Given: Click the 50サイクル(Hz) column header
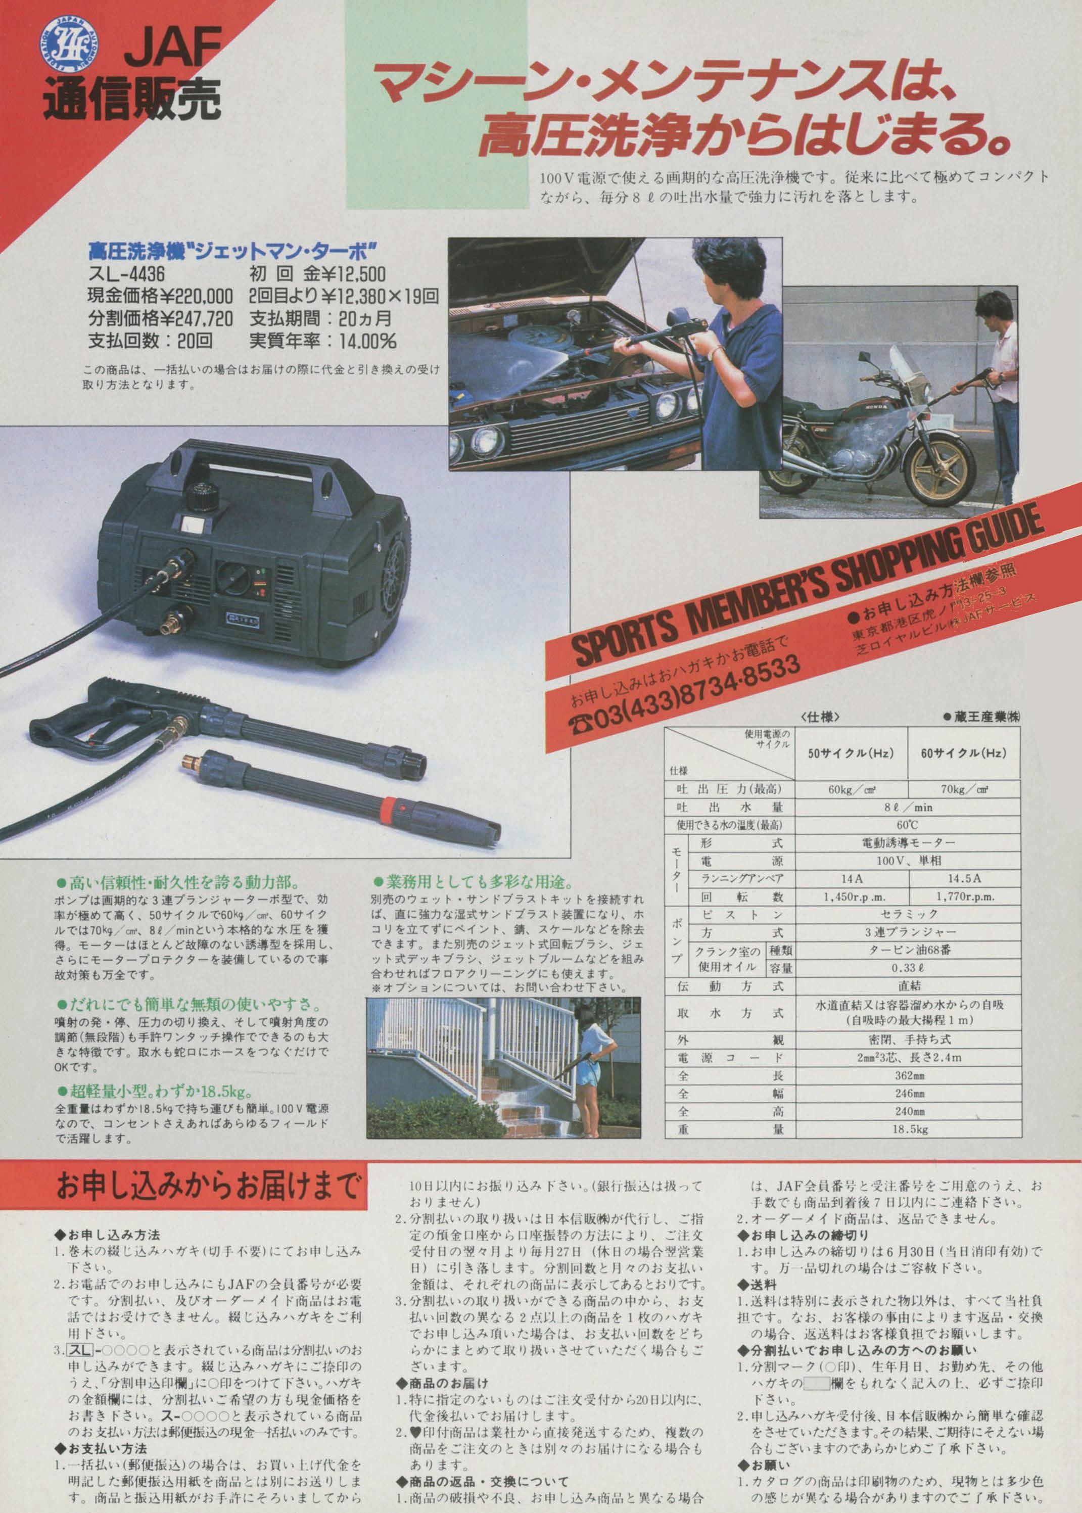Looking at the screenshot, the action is [x=851, y=753].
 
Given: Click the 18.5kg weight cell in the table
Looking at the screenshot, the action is [x=908, y=1129].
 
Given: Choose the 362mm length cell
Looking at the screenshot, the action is [x=908, y=1076].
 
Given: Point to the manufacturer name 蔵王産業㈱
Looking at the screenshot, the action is [x=981, y=717].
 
